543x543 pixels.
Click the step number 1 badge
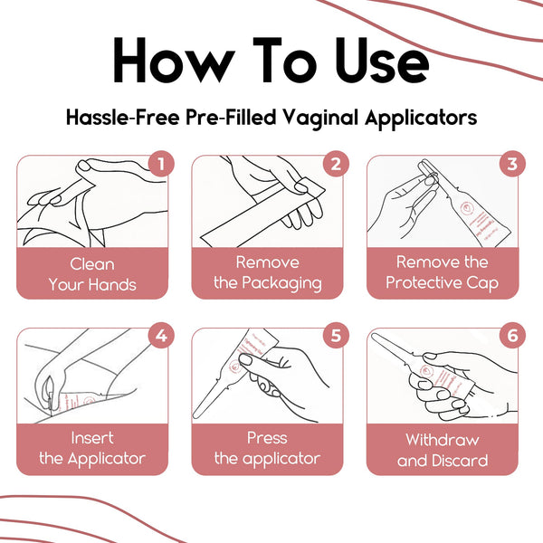coord(161,164)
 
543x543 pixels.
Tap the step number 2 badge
coord(336,164)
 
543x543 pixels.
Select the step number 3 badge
coord(511,164)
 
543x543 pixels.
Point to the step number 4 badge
coord(161,337)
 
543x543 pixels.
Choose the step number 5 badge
coord(336,337)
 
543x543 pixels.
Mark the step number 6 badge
coord(511,337)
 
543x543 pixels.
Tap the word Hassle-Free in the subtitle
coord(119,118)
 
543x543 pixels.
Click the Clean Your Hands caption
coord(92,274)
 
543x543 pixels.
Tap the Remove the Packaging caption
coord(267,272)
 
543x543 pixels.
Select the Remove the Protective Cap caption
coord(442,272)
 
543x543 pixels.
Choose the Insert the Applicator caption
coord(92,448)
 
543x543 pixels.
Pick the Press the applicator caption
coord(267,448)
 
